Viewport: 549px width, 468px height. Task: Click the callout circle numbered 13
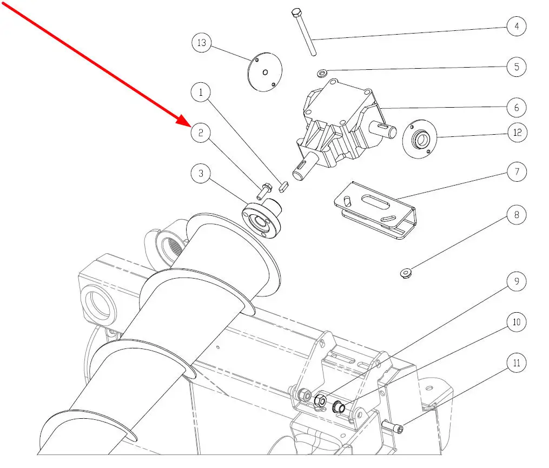pos(202,43)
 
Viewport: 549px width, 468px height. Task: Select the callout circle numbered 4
pos(517,26)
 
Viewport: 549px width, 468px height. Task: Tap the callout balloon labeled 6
pos(517,107)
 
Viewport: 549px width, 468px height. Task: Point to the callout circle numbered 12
pos(517,133)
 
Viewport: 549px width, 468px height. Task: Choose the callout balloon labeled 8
pos(517,214)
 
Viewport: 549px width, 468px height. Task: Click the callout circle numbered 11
pos(517,362)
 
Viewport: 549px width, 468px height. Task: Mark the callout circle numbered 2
pos(201,133)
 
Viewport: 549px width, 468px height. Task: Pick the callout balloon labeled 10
pos(517,322)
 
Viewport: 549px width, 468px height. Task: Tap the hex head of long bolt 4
pos(296,13)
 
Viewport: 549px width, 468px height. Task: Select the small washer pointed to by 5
pos(322,74)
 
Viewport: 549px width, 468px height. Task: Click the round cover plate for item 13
pos(264,72)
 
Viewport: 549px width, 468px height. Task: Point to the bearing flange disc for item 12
pos(420,139)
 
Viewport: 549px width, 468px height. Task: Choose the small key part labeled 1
pos(284,186)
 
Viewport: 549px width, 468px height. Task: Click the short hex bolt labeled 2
pos(264,192)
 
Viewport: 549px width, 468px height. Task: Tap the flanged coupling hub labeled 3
pos(262,218)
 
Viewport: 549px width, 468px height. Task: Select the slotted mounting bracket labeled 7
pos(375,210)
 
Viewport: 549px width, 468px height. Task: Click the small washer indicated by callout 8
pos(406,273)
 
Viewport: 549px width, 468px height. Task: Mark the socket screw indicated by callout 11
pos(393,427)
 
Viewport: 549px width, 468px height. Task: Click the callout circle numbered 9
pos(517,281)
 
